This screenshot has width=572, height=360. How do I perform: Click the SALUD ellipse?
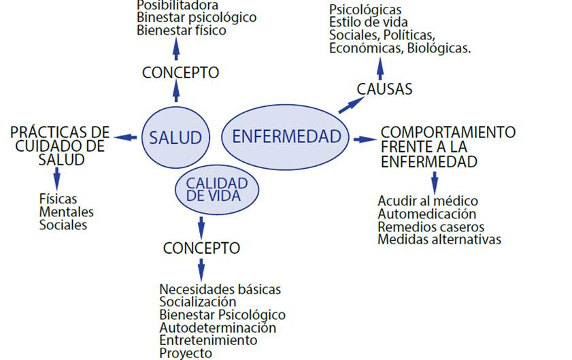tap(175, 137)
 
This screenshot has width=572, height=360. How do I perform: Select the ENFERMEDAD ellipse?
tap(286, 135)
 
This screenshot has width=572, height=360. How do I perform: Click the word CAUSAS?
tap(384, 89)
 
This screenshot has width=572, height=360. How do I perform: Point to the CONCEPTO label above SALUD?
tap(180, 72)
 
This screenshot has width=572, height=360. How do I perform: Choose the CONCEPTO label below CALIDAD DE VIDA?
tap(201, 248)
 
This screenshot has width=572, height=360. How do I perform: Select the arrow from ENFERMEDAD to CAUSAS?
tap(351, 103)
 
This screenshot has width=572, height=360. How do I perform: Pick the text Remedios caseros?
tap(431, 227)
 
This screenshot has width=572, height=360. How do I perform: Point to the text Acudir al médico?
tap(428, 201)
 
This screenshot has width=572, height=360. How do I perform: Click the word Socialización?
tap(198, 301)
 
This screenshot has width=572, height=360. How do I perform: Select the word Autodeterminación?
tap(218, 327)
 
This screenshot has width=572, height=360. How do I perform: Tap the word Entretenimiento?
tap(208, 340)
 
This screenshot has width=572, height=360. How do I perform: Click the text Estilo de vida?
tap(369, 22)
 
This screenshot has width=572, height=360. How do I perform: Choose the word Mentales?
tap(67, 212)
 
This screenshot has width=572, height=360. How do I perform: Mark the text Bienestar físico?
tap(181, 30)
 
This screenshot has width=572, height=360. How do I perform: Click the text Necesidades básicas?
tap(220, 289)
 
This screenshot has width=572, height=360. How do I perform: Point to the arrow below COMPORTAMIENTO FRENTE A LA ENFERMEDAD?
tap(435, 182)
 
